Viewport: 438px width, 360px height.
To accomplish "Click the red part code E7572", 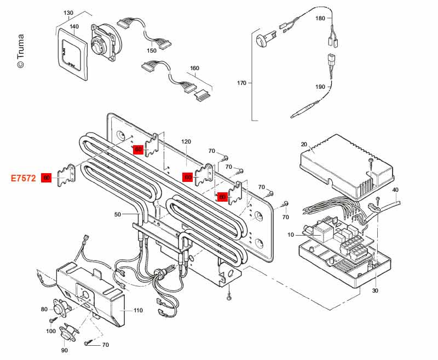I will tap(24, 178).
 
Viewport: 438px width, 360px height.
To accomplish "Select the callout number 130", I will tap(68, 13).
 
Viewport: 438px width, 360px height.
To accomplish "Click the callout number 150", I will tap(152, 50).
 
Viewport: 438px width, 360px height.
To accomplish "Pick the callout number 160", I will tap(194, 69).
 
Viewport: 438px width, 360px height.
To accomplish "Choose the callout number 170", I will tap(241, 83).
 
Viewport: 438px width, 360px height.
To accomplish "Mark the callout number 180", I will tap(320, 18).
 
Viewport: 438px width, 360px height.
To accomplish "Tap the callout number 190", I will tap(320, 87).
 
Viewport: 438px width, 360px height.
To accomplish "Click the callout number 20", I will tap(304, 145).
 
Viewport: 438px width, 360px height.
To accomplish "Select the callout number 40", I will tap(395, 190).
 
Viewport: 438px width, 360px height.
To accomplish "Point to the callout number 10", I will tap(291, 235).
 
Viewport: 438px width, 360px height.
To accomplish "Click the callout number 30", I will tap(375, 290).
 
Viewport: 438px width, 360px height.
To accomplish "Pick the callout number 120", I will tap(186, 141).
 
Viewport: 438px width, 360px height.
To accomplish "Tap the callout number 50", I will tap(117, 214).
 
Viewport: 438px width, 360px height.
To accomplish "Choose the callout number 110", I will tap(138, 310).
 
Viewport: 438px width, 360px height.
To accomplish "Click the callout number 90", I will tap(65, 350).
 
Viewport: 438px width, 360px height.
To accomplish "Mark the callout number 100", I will tap(51, 331).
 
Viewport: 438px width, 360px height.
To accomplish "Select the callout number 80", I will tap(44, 309).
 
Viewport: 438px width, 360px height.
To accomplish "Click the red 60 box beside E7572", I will tap(47, 178).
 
